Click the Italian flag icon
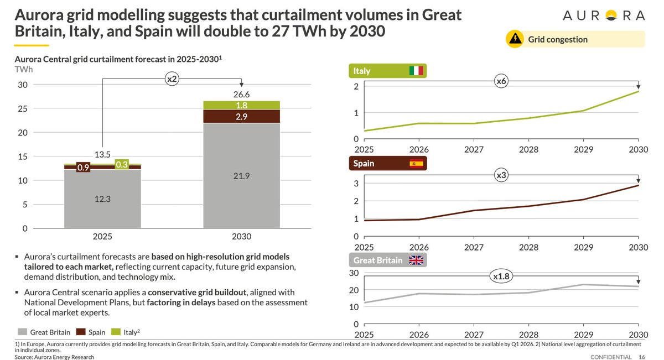(x=416, y=71)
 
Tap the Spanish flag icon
(x=416, y=164)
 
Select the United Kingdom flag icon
(x=416, y=260)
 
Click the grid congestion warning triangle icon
(x=515, y=39)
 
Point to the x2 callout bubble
(x=172, y=79)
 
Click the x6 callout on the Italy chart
(x=501, y=81)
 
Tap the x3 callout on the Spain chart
(x=501, y=175)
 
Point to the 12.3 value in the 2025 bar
(x=102, y=199)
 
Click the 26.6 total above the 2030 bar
(x=241, y=95)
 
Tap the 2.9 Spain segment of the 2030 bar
(x=241, y=117)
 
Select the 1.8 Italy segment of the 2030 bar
(x=241, y=105)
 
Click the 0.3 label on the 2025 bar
(x=122, y=164)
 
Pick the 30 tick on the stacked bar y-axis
(x=23, y=85)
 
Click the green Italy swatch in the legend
(x=116, y=332)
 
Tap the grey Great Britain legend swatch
(x=22, y=332)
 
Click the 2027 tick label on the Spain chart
(x=474, y=247)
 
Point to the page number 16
(x=642, y=357)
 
